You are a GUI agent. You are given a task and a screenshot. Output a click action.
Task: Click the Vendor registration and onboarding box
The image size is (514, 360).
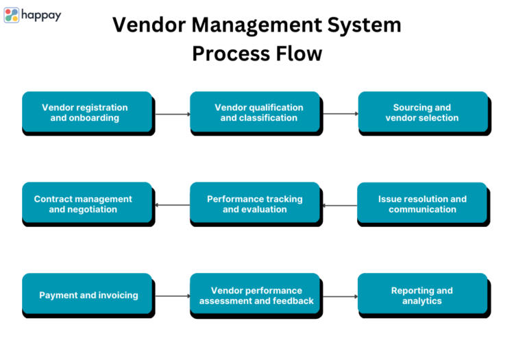click(86, 112)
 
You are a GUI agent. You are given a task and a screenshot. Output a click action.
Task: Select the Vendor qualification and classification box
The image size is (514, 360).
click(255, 112)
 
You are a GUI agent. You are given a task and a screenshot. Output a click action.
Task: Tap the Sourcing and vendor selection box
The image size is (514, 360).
click(423, 112)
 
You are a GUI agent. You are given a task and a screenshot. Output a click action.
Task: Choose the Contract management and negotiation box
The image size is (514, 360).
click(86, 204)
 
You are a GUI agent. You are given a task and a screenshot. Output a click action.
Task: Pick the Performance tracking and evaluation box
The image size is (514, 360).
click(255, 204)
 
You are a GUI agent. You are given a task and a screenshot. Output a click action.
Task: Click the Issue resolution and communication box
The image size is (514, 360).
click(423, 204)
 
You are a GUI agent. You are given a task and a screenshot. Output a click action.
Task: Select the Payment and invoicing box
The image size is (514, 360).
click(86, 295)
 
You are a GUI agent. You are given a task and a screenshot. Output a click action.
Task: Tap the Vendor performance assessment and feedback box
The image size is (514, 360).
click(255, 296)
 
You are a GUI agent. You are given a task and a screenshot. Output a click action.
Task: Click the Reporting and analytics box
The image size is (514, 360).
click(423, 296)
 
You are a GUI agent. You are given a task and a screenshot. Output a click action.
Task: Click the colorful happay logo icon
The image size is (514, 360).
click(12, 15)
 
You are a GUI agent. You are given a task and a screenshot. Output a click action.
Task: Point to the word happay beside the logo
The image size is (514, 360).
click(41, 15)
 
